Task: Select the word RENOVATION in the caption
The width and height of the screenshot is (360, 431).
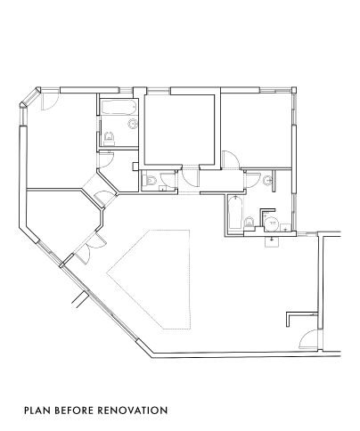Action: (133, 411)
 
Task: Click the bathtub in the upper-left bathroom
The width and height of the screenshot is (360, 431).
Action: (119, 107)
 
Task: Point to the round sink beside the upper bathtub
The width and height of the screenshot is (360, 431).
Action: (133, 123)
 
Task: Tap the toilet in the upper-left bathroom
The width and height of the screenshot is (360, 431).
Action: (110, 138)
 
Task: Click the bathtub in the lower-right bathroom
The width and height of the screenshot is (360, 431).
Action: (235, 213)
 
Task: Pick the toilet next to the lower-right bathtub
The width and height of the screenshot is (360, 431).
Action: (250, 223)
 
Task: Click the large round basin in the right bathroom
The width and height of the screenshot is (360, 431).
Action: (272, 224)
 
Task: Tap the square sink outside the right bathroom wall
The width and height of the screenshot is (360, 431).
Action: (272, 241)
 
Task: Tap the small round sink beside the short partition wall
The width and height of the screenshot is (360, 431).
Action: (268, 180)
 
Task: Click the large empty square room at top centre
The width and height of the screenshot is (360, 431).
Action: (179, 129)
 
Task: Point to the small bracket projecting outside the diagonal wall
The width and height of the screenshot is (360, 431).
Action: (80, 299)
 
